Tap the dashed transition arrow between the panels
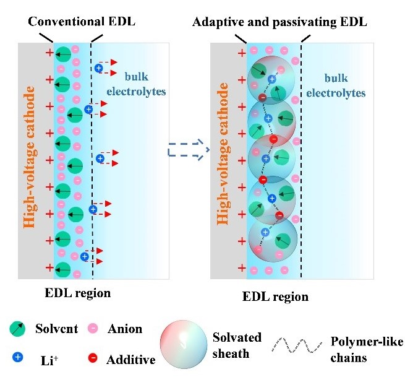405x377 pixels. [189, 149]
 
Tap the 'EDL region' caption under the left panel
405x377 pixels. [79, 293]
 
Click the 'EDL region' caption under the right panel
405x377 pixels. [276, 297]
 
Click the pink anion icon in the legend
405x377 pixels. [93, 329]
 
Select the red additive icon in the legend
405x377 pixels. [93, 358]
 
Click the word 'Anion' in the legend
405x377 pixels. [125, 329]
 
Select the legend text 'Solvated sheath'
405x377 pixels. [236, 345]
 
